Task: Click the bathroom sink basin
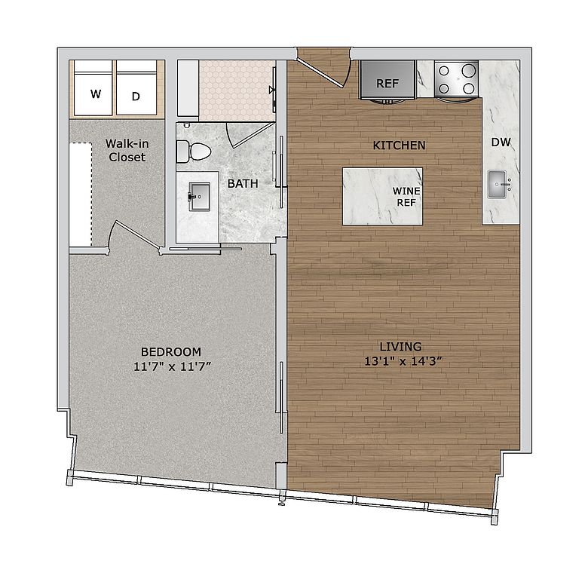[200, 198]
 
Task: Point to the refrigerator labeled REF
[387, 81]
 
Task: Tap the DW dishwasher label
[501, 142]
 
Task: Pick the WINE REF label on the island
[406, 197]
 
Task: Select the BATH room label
[243, 183]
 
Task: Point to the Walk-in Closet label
[126, 150]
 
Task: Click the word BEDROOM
[171, 352]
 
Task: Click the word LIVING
[400, 347]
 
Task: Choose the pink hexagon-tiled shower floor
[234, 90]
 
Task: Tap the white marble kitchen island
[369, 196]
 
